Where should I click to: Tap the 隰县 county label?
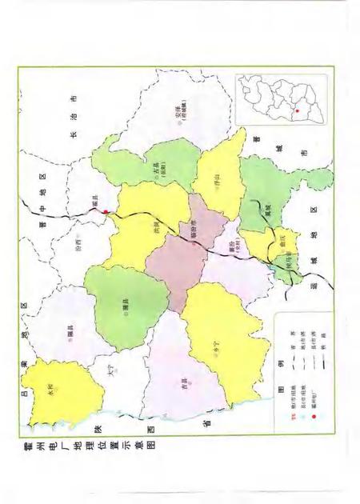click(x=69, y=338)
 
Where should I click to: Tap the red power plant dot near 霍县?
click(x=105, y=210)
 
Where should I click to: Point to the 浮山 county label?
click(x=216, y=178)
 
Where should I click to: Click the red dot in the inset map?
click(x=297, y=110)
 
